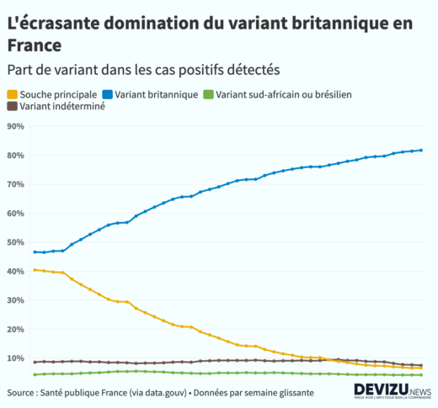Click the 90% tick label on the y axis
coord(15,126)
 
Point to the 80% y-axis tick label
coord(15,156)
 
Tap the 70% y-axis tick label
coord(15,184)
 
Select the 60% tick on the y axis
coord(15,214)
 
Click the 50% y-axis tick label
coord(15,242)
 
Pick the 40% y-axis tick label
coord(15,272)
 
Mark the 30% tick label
coord(15,300)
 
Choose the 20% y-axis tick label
coord(15,330)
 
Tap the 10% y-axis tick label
coord(15,358)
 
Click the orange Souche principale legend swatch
coord(12,94)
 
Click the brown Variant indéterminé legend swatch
coord(12,107)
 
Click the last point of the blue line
coord(421,151)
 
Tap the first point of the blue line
coord(35,252)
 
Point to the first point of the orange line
coord(35,270)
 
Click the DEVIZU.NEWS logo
coord(393,390)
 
